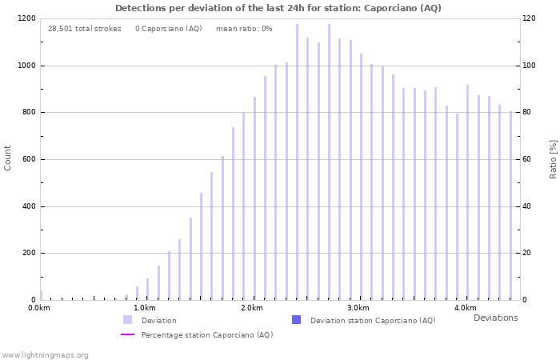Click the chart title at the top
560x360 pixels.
(x=278, y=8)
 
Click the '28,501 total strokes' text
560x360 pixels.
(x=85, y=29)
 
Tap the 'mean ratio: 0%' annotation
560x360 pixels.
(x=244, y=29)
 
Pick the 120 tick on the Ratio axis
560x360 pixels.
(x=529, y=18)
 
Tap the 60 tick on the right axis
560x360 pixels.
(x=527, y=159)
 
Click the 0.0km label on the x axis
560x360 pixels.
(x=39, y=308)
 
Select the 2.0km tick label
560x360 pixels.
(x=252, y=308)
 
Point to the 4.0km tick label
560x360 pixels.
(x=465, y=308)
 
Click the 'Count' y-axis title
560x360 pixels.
(x=8, y=158)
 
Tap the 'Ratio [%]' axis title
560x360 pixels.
(x=553, y=158)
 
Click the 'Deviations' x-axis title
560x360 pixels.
(x=495, y=318)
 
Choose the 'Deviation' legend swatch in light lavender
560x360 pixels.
(x=127, y=320)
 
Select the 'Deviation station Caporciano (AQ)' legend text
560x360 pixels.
(x=373, y=321)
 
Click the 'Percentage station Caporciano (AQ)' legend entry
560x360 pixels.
(x=207, y=335)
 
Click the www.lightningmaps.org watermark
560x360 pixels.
(x=45, y=355)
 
